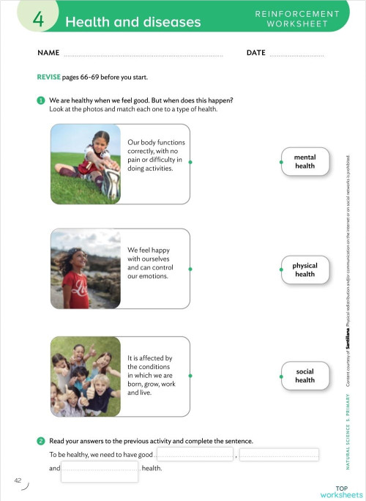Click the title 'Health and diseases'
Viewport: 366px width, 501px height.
(x=132, y=22)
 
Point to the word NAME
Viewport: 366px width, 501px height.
(x=48, y=53)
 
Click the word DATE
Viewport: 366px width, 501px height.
(x=256, y=53)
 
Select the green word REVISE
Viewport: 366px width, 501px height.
(x=51, y=78)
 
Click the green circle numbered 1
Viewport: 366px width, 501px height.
(x=42, y=100)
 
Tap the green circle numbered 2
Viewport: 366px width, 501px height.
(x=42, y=441)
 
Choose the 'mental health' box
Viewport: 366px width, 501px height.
(x=305, y=162)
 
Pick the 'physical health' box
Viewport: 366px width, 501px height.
(x=305, y=270)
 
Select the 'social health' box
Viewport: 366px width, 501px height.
(x=305, y=376)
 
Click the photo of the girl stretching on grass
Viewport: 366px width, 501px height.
(x=85, y=164)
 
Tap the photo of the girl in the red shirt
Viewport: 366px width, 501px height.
(x=85, y=269)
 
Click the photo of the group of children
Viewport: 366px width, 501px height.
(x=85, y=376)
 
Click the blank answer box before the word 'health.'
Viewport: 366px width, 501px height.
(x=100, y=469)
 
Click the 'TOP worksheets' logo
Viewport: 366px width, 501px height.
(x=341, y=491)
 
